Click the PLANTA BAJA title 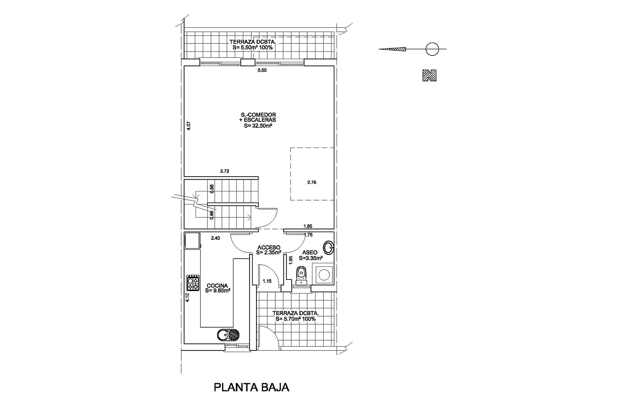251,387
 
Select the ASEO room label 310,255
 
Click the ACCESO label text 269,250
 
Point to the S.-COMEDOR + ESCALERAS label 258,120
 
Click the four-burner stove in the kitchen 193,283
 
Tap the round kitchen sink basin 223,335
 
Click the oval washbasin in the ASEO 329,248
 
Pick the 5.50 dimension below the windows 262,70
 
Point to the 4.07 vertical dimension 188,126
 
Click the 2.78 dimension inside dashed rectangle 312,183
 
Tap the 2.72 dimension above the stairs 225,171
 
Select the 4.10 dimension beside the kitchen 187,297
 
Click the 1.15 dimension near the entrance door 267,281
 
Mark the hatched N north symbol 429,75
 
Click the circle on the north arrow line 432,49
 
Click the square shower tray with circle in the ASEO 323,274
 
